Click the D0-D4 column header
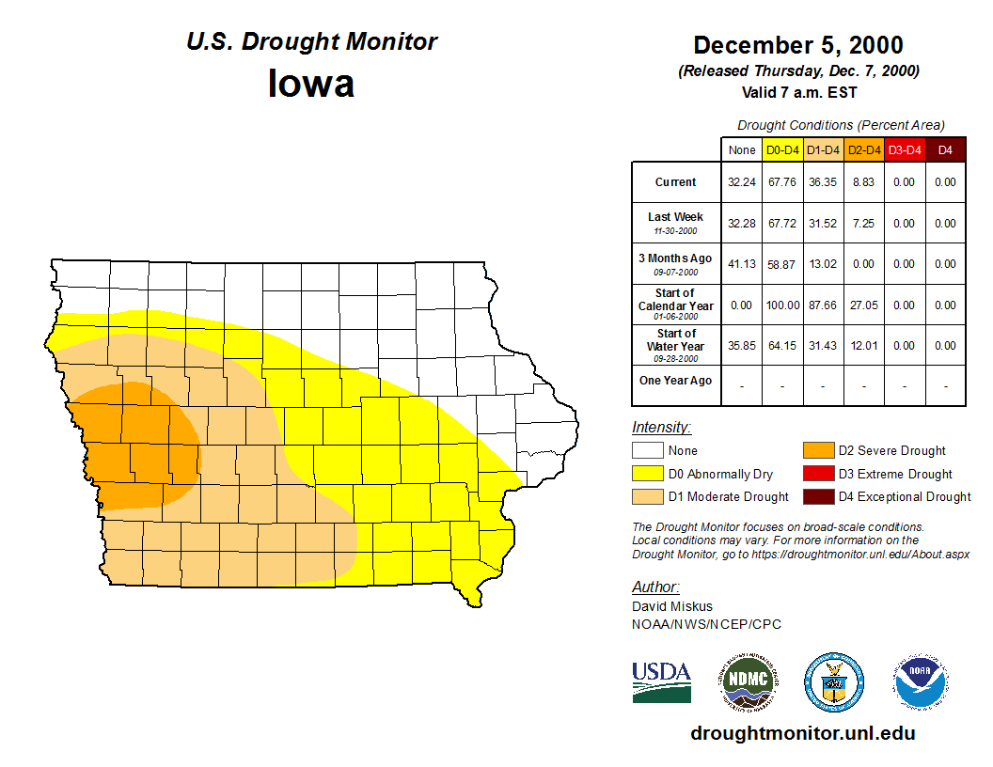[782, 149]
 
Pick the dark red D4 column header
[945, 149]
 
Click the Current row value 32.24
[742, 182]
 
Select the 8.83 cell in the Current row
[863, 182]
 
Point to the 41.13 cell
[742, 264]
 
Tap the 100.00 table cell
[782, 305]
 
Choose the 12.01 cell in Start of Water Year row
[863, 346]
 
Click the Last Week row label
[675, 223]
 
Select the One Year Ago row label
[675, 381]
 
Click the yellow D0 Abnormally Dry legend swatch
[647, 474]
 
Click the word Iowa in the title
[311, 83]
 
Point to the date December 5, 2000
[798, 45]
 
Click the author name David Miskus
[672, 606]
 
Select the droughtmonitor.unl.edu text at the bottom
[802, 733]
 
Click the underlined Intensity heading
[661, 428]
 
